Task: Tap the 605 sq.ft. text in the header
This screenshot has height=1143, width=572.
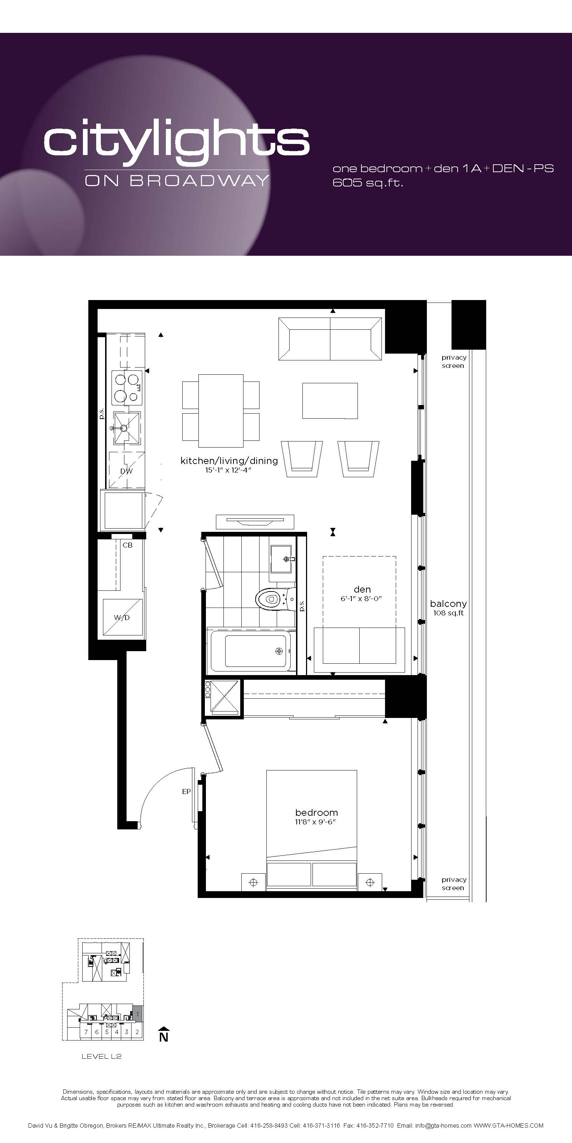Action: tap(368, 183)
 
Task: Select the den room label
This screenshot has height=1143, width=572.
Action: tap(362, 589)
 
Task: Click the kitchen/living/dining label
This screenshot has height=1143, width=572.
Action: tap(229, 460)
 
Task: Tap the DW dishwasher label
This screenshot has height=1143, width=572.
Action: tap(127, 471)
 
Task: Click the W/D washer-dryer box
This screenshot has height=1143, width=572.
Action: tap(123, 617)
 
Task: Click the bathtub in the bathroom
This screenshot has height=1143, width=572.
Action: tap(251, 650)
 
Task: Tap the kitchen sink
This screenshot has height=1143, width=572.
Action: tap(127, 428)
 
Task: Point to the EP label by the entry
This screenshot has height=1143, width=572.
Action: tap(186, 791)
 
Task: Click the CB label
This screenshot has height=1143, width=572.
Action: tap(128, 545)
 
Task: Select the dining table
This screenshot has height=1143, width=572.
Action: tap(221, 411)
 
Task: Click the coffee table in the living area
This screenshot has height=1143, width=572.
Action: tap(330, 401)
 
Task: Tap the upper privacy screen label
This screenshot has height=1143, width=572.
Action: tap(453, 361)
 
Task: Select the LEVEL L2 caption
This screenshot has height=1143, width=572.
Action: tap(101, 1056)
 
